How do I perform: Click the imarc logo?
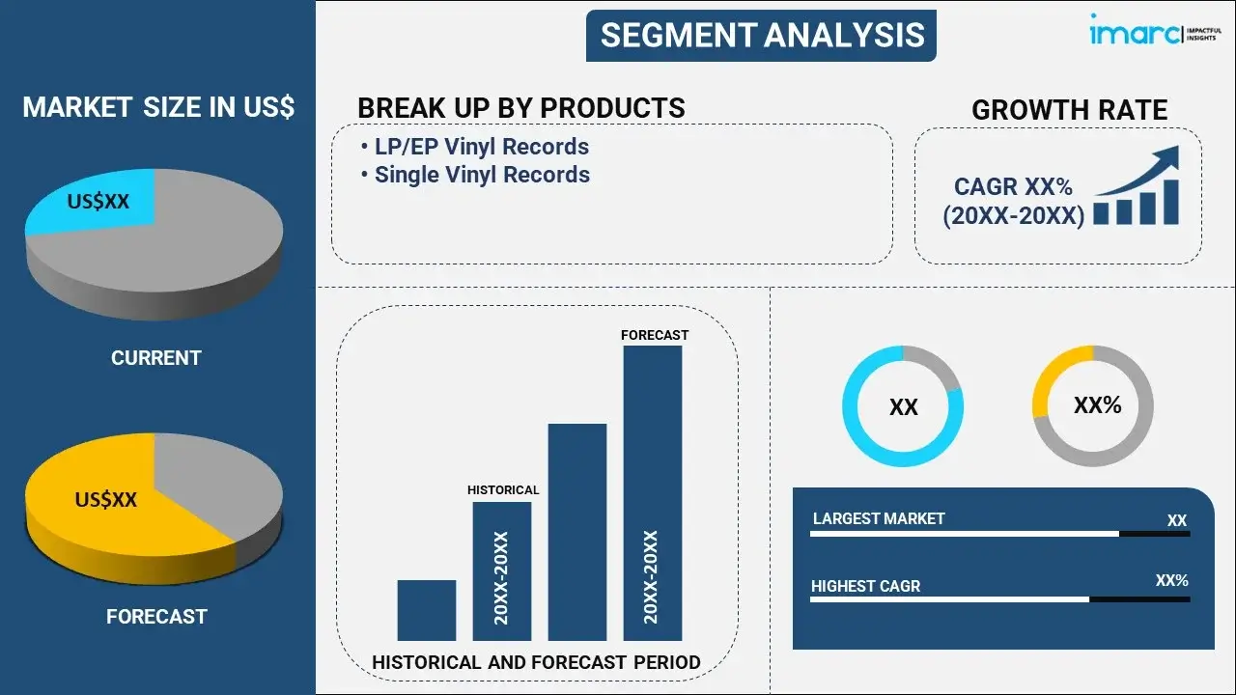1156,30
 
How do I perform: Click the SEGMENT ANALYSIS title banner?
761,36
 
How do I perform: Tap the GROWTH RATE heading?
1069,110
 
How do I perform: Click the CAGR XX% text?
1013,186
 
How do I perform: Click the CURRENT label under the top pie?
156,358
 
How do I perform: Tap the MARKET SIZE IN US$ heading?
158,107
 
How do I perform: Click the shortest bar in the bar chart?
427,610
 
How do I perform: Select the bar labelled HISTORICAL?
502,571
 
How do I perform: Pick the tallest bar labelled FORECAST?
653,493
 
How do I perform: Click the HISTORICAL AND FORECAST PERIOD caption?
536,662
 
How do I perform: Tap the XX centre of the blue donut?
903,407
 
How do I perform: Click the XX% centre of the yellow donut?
1098,405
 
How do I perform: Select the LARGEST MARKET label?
879,518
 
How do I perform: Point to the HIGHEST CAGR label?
865,586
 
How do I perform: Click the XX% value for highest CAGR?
1171,580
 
